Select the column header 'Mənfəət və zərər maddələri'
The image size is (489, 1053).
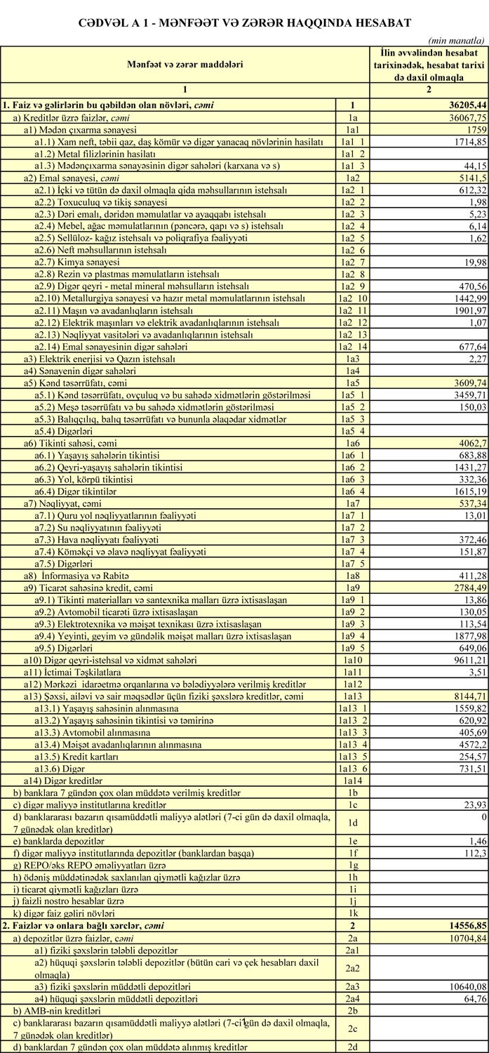[185, 65]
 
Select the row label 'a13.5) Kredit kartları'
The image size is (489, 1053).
[76, 755]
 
